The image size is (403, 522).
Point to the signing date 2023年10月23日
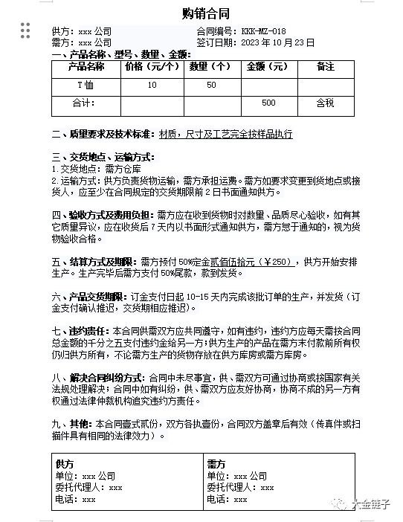[x=277, y=42]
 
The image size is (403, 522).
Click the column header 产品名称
[x=86, y=67]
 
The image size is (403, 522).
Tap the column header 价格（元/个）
[x=152, y=67]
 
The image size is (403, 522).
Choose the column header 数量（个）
[x=211, y=67]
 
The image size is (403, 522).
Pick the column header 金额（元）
[x=268, y=67]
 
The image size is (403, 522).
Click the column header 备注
[x=325, y=67]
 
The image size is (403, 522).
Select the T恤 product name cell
[x=86, y=85]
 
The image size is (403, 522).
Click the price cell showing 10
[x=152, y=85]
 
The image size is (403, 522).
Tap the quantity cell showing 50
[x=211, y=85]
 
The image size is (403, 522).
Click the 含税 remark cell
[x=325, y=103]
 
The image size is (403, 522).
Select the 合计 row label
[x=86, y=103]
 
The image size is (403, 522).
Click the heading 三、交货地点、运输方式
[x=103, y=158]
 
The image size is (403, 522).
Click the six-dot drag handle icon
[x=25, y=30]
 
